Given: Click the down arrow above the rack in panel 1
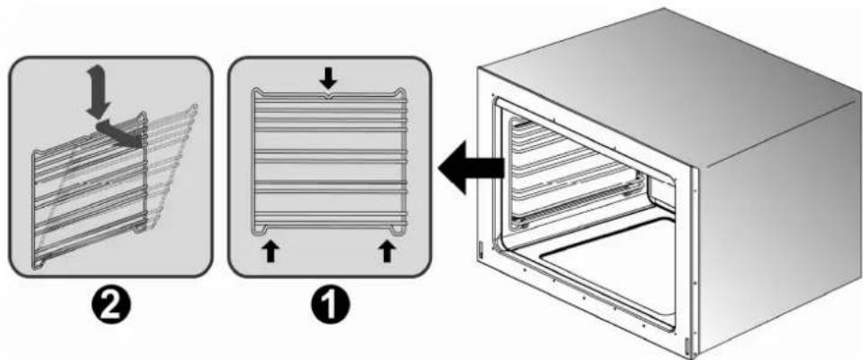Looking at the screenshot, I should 328,80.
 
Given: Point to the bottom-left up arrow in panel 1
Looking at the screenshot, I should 269,250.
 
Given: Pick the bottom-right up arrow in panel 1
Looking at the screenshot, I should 387,250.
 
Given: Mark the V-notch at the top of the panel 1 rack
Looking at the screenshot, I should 328,94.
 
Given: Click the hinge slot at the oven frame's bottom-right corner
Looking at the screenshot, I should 689,343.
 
